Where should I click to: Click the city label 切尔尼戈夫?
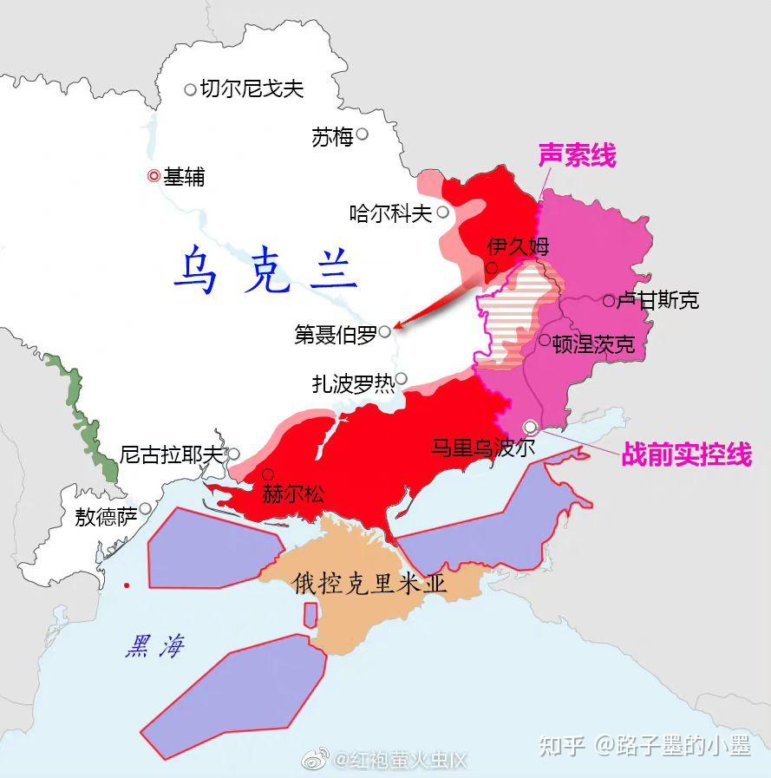(252, 88)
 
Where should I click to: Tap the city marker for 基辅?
(154, 176)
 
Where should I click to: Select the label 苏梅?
(332, 136)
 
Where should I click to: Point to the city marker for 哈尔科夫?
(443, 212)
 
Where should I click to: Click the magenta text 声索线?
(577, 156)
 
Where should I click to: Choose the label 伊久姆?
(519, 246)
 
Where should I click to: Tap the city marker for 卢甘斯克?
(609, 300)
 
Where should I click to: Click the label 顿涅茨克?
(593, 343)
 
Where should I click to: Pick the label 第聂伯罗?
(335, 334)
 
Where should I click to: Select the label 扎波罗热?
(353, 383)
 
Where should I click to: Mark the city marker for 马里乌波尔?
(531, 426)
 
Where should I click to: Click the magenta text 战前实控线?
(685, 454)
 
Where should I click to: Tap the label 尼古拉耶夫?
(172, 454)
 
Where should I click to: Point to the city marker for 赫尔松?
(268, 474)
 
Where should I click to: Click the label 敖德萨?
(106, 518)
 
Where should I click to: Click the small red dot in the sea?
(127, 585)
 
